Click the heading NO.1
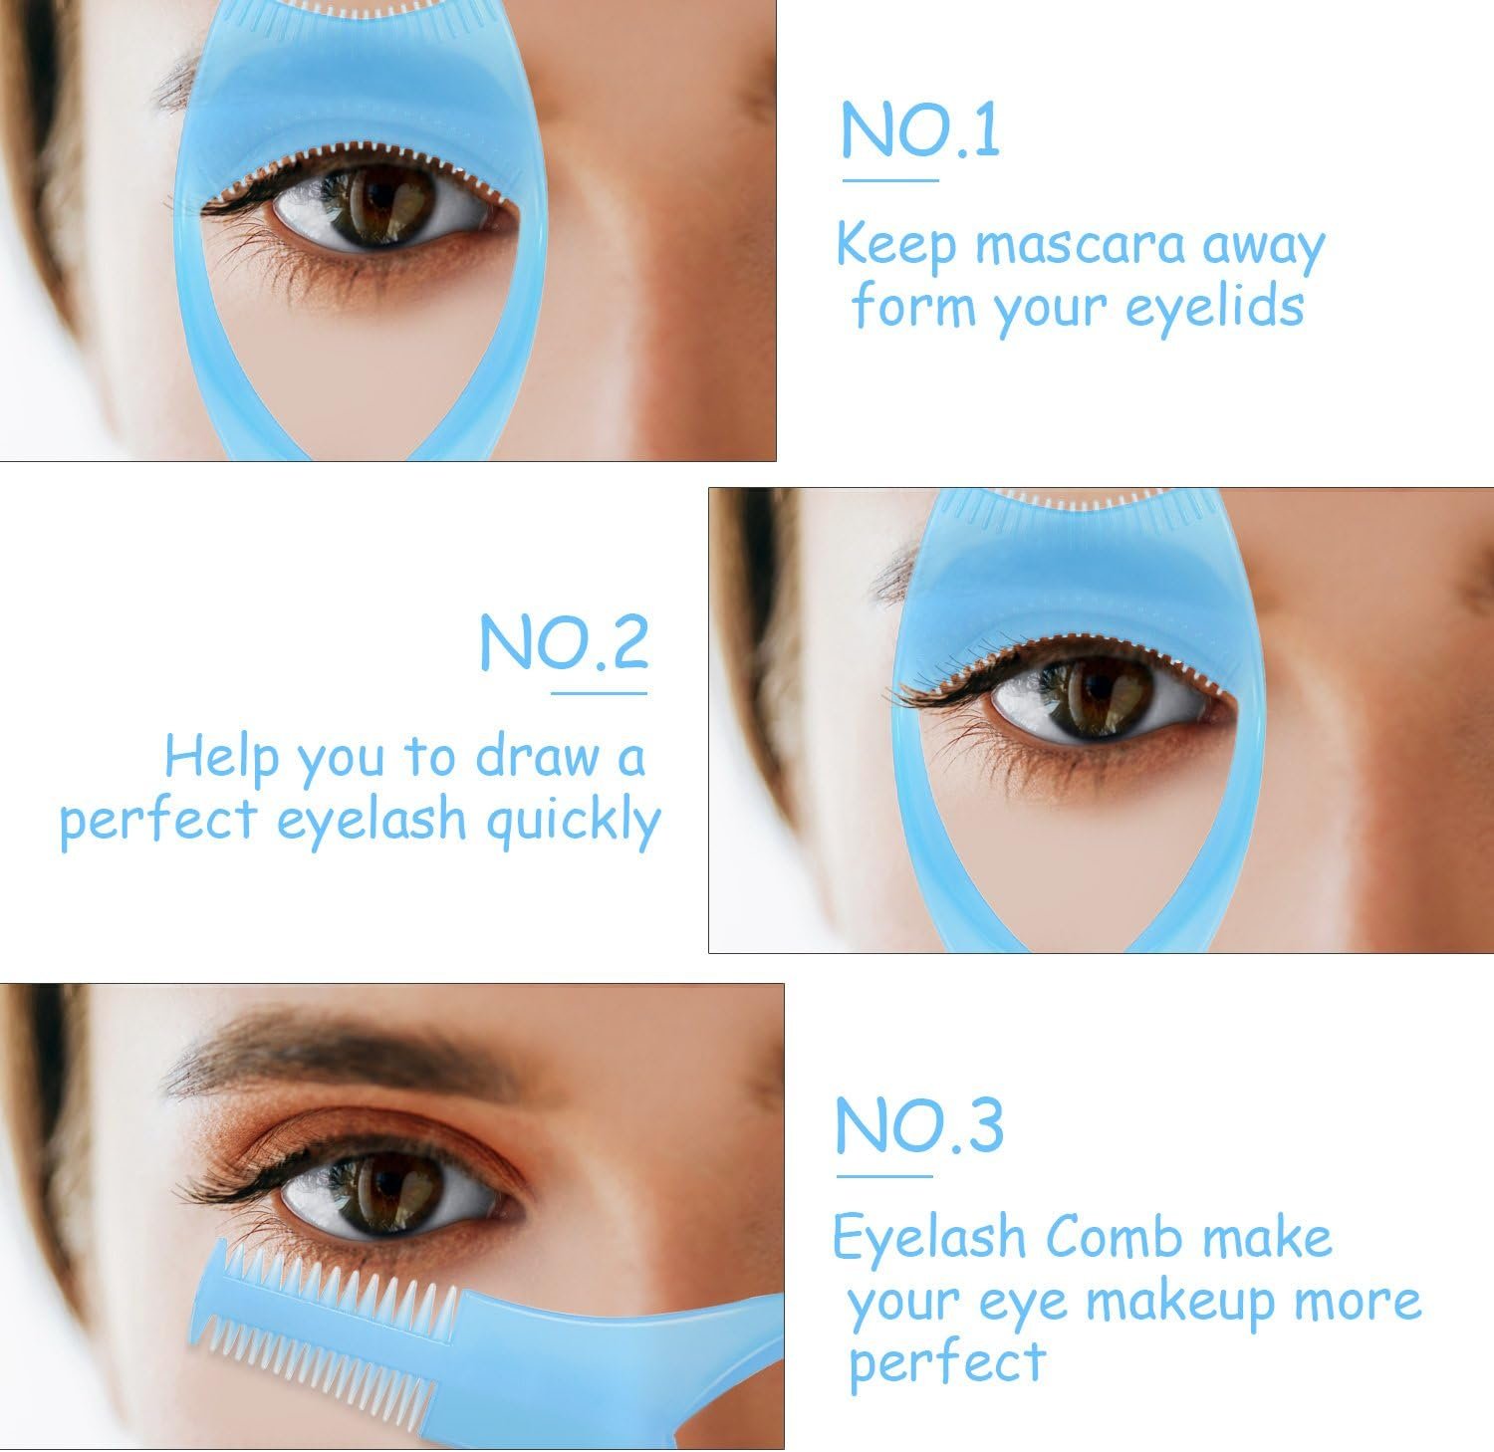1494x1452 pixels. (x=920, y=129)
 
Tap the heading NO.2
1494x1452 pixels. (x=564, y=642)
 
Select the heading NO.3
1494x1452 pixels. (x=919, y=1125)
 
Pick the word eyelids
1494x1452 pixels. (x=1214, y=307)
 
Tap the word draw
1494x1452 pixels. (x=537, y=757)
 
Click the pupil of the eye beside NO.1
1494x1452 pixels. (x=381, y=204)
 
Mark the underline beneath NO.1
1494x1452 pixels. (x=890, y=180)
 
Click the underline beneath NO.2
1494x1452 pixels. (x=599, y=693)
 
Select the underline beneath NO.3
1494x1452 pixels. (x=884, y=1176)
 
